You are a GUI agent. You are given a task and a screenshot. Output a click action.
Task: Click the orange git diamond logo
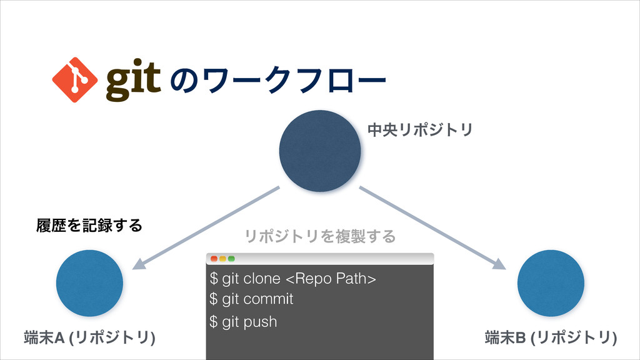tap(74, 79)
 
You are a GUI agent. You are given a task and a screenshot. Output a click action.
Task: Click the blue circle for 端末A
tap(89, 283)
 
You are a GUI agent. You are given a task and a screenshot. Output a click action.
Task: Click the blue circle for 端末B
tap(551, 283)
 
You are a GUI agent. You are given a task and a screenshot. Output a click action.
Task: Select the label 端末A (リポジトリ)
tap(89, 338)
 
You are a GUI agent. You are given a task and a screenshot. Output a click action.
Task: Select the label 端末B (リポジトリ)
tap(551, 338)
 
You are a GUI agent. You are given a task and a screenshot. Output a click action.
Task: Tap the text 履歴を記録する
tap(88, 224)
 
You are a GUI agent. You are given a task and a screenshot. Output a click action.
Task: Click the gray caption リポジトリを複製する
tap(319, 236)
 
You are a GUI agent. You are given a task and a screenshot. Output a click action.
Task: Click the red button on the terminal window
tap(214, 259)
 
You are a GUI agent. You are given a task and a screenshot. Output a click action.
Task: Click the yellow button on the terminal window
tap(222, 259)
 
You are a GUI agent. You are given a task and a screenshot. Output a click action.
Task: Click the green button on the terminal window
tap(231, 259)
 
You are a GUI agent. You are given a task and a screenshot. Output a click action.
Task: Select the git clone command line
tap(293, 277)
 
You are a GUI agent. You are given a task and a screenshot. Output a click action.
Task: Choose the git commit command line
tap(252, 299)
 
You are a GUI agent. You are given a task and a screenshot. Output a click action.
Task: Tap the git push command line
tap(244, 322)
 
